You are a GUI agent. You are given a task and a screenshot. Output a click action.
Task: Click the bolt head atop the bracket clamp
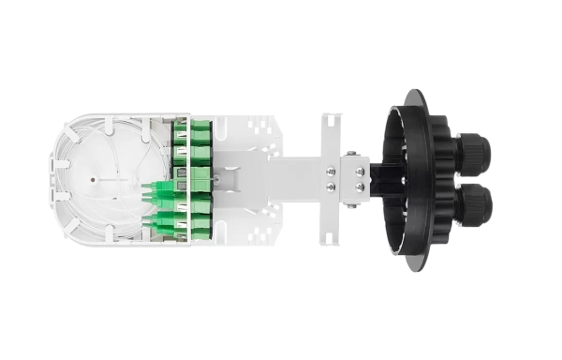click(349, 153)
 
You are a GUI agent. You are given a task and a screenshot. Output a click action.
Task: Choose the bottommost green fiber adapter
click(200, 231)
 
